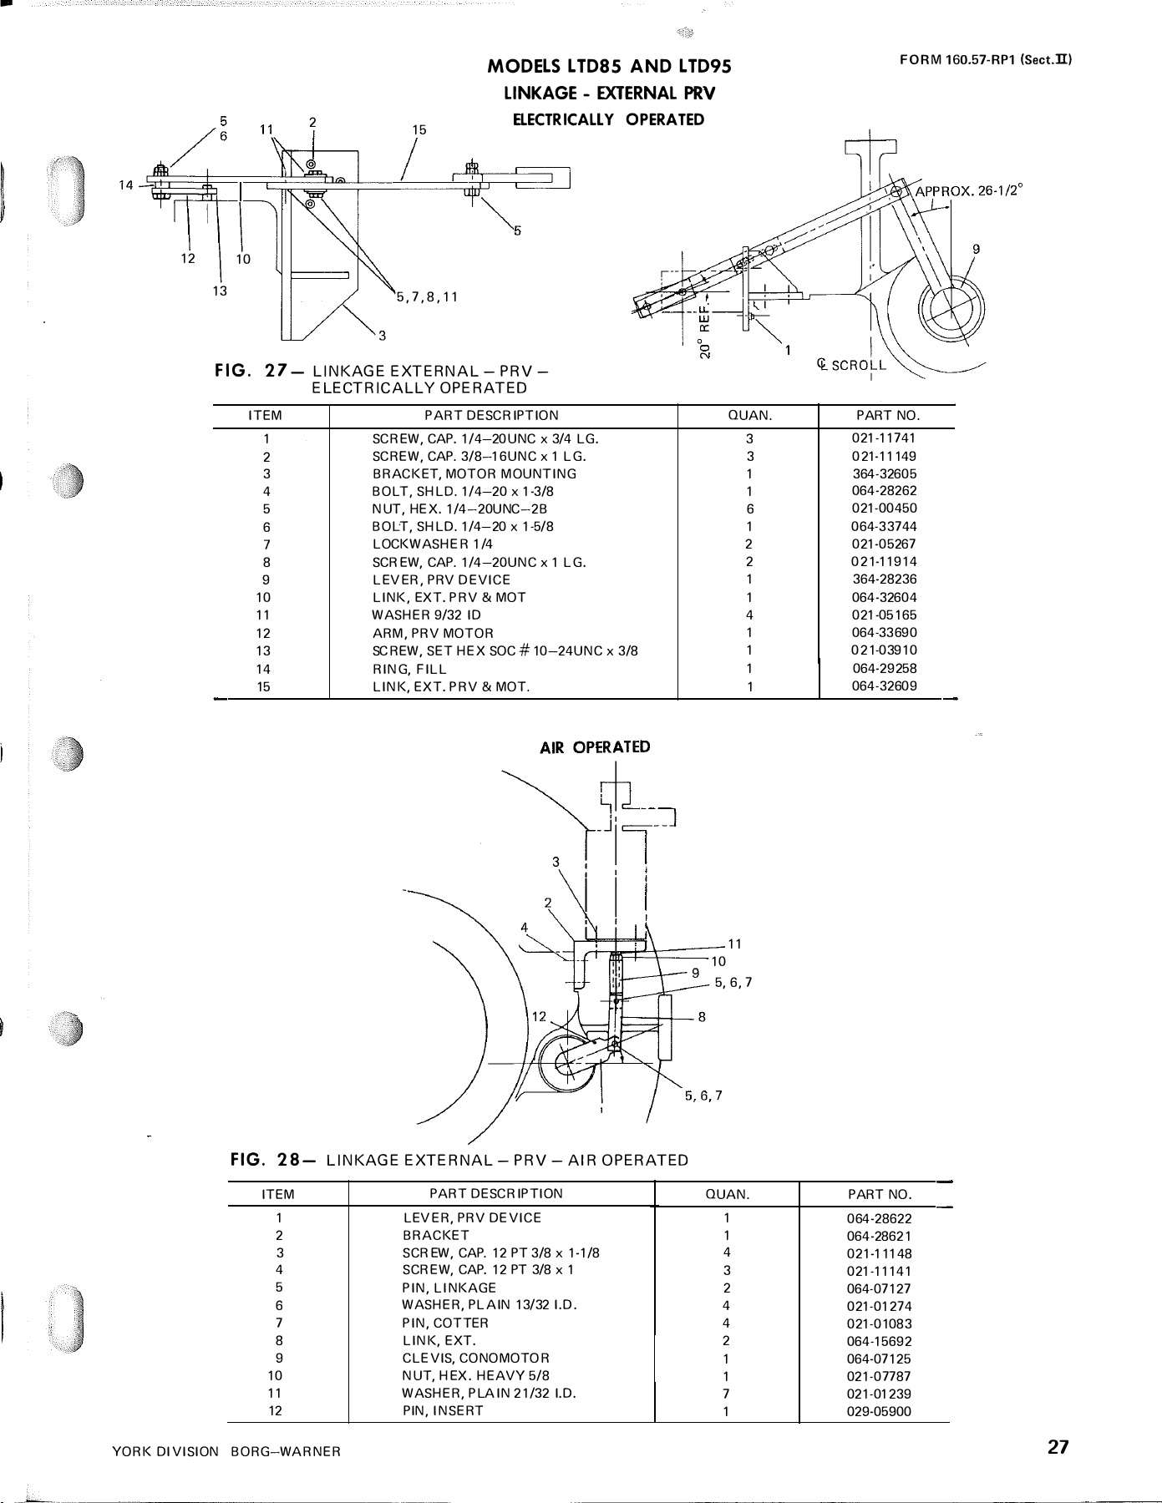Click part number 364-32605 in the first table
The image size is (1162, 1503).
pyautogui.click(x=885, y=473)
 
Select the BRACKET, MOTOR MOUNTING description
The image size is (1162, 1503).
pyautogui.click(x=474, y=473)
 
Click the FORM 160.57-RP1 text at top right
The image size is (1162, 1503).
pyautogui.click(x=986, y=59)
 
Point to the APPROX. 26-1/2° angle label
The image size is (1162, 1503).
pyautogui.click(x=969, y=190)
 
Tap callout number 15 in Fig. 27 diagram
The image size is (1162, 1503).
pyautogui.click(x=419, y=129)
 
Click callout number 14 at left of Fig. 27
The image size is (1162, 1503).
pyautogui.click(x=125, y=185)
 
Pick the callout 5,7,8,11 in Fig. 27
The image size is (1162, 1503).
pyautogui.click(x=427, y=296)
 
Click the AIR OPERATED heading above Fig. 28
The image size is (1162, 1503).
pyautogui.click(x=595, y=746)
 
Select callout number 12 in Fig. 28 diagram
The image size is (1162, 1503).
pyautogui.click(x=539, y=1016)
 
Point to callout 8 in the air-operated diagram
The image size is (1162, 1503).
pyautogui.click(x=702, y=1017)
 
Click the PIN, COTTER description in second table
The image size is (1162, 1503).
pyautogui.click(x=445, y=1323)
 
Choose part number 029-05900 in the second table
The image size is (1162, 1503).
pyautogui.click(x=879, y=1411)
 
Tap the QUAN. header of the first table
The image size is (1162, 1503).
pyautogui.click(x=750, y=415)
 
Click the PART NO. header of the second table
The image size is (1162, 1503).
pyautogui.click(x=879, y=1194)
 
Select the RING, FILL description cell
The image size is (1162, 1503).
pyautogui.click(x=409, y=668)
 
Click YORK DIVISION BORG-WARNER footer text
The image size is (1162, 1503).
pyautogui.click(x=226, y=1451)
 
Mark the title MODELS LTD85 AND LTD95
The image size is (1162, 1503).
pyautogui.click(x=609, y=68)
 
